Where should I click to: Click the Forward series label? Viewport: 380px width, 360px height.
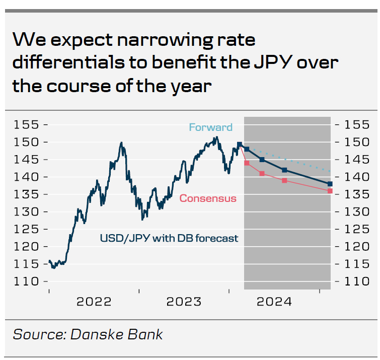[210, 127]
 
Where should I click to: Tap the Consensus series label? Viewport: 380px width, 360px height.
[208, 198]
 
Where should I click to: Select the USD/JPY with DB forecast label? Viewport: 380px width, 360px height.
[169, 238]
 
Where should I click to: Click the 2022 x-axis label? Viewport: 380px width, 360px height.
[94, 302]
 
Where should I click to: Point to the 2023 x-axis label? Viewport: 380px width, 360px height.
[184, 302]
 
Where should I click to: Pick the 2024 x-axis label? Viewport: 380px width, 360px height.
[274, 302]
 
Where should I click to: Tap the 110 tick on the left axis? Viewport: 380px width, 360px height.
[27, 281]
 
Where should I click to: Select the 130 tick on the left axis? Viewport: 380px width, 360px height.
[27, 212]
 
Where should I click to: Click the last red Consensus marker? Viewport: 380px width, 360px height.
[330, 191]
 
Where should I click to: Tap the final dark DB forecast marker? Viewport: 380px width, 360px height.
[330, 184]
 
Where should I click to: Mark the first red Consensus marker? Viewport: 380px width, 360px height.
[247, 163]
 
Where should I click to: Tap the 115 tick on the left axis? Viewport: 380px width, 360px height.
[27, 264]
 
